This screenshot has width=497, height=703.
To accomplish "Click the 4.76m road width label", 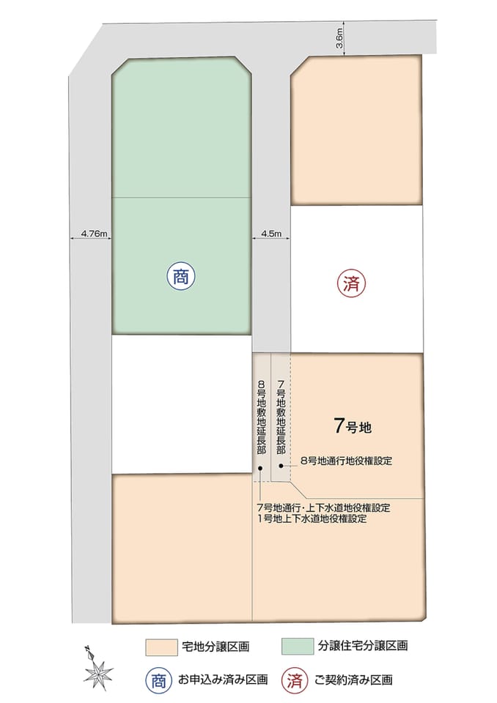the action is (x=94, y=234).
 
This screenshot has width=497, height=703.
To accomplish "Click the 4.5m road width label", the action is (x=271, y=234).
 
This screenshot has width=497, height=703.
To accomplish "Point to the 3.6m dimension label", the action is (x=340, y=38).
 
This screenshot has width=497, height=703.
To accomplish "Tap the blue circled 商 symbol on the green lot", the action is (x=180, y=277).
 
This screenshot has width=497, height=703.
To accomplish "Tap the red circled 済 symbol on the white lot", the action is (x=351, y=283).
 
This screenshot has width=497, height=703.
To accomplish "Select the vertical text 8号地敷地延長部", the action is (x=261, y=417).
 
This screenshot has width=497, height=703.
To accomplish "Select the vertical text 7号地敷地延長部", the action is (x=281, y=417).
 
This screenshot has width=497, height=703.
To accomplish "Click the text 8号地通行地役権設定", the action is (x=346, y=461).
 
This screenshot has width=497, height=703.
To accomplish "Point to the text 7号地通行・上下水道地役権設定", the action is (x=323, y=507).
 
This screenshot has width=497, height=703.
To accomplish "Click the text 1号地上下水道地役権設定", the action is (x=312, y=518).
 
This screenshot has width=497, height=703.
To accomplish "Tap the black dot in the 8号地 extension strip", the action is (x=261, y=469).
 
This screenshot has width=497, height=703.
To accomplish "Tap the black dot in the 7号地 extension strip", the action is (x=281, y=466).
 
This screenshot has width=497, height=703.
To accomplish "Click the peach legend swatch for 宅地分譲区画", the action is (x=161, y=647).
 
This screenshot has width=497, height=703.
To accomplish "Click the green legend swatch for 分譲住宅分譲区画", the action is (x=297, y=646).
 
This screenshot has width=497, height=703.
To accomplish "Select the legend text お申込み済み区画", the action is (x=223, y=680).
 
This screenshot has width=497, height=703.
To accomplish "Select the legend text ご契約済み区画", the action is (x=353, y=680).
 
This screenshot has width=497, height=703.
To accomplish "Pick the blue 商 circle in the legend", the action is (x=158, y=680).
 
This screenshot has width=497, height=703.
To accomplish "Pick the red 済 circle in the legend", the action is (x=295, y=680).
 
